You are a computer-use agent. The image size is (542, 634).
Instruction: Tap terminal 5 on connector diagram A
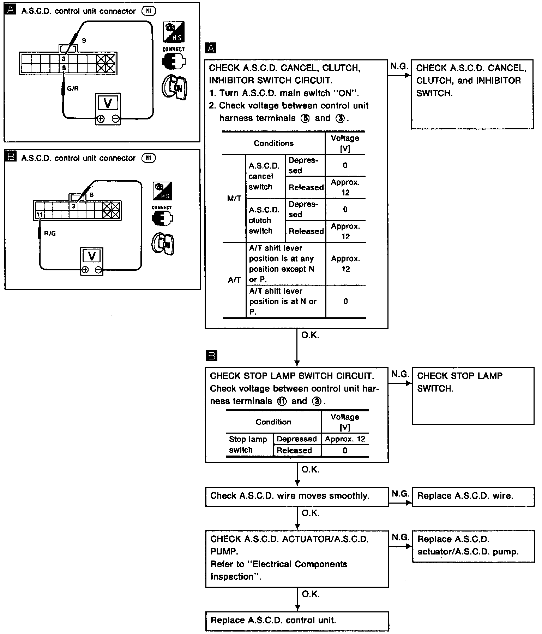pos(64,68)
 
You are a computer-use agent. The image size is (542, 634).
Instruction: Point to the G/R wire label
pos(73,88)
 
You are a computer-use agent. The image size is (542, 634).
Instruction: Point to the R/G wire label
pos(50,234)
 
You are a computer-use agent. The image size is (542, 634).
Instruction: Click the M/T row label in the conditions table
pos(234,198)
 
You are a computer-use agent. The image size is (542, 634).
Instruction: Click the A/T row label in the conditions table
pos(234,280)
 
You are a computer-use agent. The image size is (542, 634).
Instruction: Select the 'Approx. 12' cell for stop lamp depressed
pos(345,439)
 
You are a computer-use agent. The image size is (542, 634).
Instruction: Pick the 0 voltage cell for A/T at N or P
pos(345,301)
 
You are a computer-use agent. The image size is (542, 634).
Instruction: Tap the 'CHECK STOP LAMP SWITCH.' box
pos(473,395)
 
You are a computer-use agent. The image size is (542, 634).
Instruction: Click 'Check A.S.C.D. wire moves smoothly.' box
pos(297,496)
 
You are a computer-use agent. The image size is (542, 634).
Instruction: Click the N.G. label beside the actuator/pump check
pos(400,538)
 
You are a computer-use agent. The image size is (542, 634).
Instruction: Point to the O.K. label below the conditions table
pos(310,335)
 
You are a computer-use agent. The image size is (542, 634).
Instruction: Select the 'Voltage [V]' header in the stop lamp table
pos(345,422)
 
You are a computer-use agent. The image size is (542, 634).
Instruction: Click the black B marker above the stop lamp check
pos(211,356)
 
